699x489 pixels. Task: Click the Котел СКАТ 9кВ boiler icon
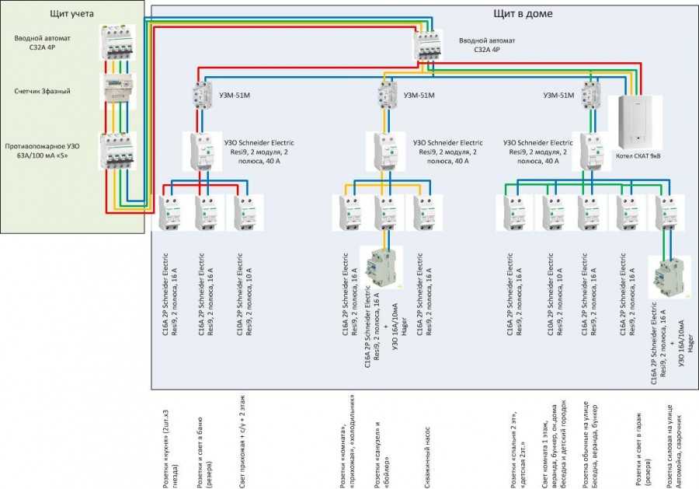coord(638,121)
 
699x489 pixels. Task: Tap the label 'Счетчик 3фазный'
coord(42,91)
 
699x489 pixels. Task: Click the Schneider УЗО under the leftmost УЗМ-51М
coord(203,151)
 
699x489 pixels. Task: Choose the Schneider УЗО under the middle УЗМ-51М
coord(386,151)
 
